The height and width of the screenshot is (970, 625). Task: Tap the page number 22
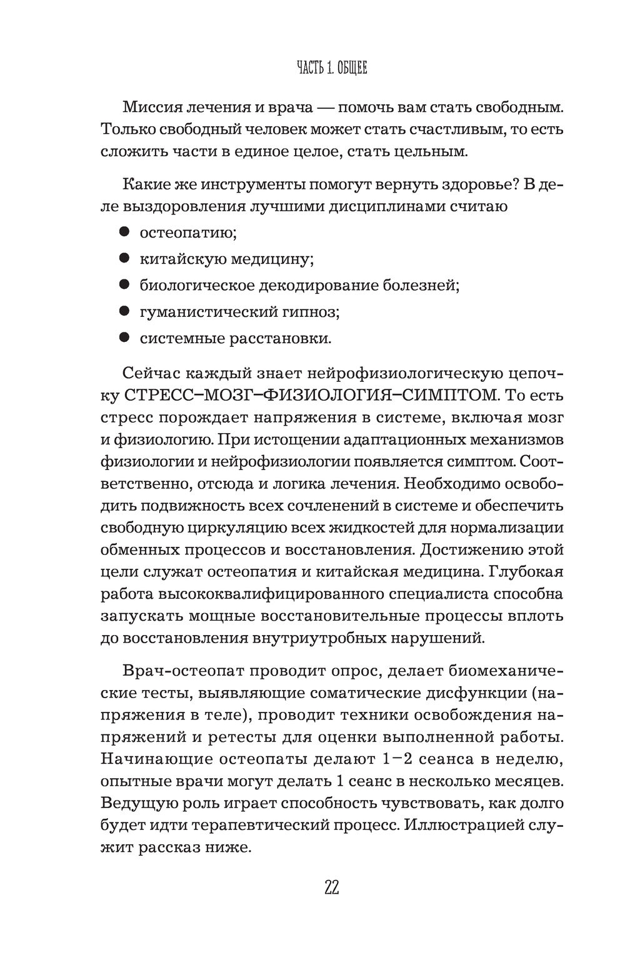point(331,887)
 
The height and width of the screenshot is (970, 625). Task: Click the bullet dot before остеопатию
point(124,232)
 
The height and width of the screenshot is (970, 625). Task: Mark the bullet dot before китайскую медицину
point(124,258)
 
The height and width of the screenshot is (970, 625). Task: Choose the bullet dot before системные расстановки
point(124,338)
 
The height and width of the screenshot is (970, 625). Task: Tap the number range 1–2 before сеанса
point(391,759)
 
